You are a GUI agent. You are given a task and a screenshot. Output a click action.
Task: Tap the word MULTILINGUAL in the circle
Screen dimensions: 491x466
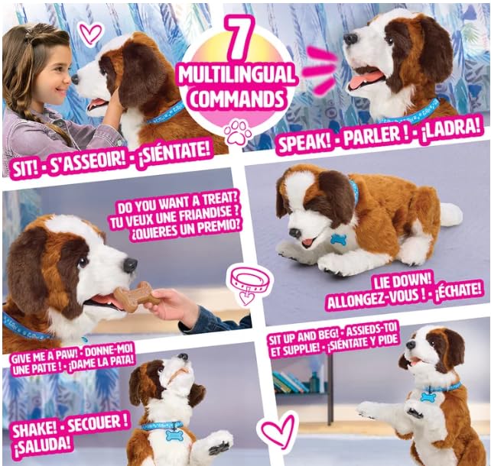pos(237,75)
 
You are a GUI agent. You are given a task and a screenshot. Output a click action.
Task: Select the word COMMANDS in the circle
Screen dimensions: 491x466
pos(237,99)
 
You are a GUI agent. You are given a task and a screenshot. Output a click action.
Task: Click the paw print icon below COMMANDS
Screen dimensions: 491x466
pos(237,131)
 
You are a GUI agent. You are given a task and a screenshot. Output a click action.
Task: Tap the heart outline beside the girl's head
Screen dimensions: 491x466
pos(90,34)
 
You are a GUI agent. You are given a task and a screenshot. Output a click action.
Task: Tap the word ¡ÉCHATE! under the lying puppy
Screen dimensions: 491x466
pos(457,293)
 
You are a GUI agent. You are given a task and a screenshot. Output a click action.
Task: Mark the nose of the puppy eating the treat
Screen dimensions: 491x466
pos(130,265)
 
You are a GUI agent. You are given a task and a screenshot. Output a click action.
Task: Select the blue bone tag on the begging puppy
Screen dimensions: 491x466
pos(428,397)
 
